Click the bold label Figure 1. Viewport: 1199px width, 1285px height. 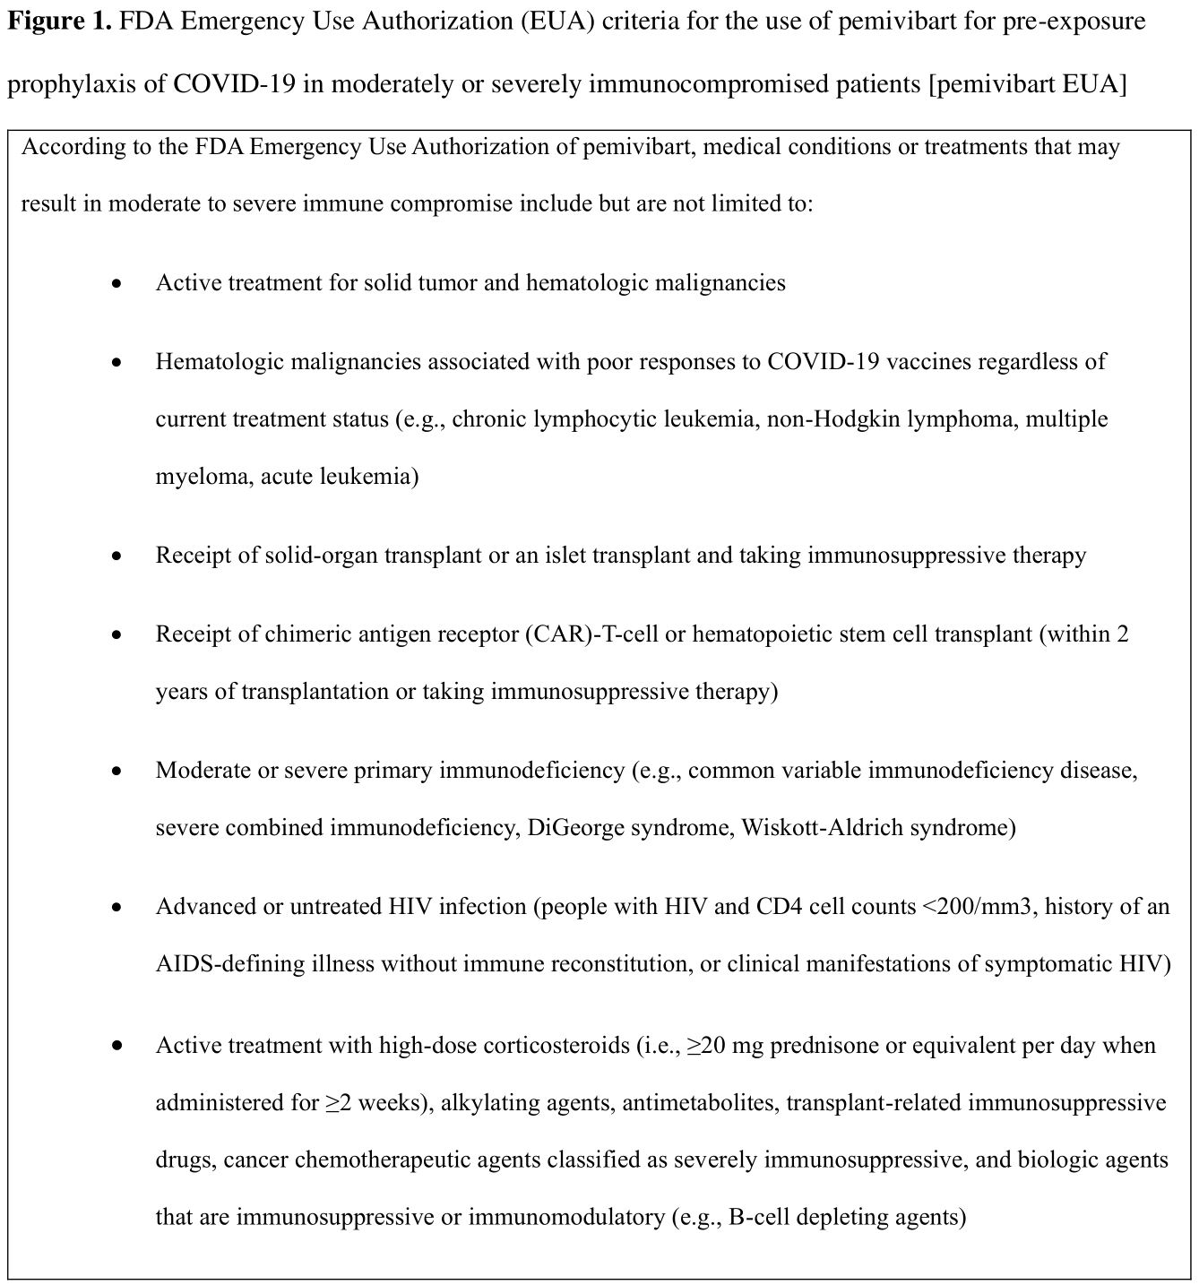[x=59, y=22]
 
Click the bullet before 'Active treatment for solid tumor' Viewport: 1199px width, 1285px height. [x=116, y=284]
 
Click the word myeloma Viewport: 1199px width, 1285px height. [x=203, y=477]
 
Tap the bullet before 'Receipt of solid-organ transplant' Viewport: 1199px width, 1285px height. [x=116, y=556]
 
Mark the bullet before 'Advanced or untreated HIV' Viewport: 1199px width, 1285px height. [x=116, y=908]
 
